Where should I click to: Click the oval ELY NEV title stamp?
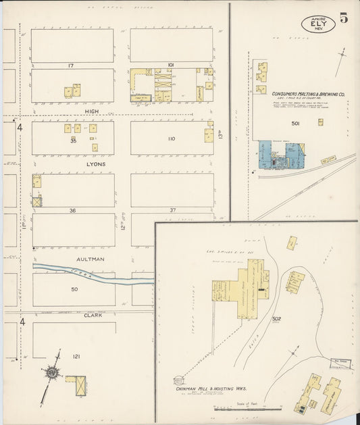click(x=317, y=24)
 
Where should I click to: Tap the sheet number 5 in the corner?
click(x=344, y=18)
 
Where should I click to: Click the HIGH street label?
click(x=93, y=112)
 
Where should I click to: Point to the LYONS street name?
click(x=95, y=164)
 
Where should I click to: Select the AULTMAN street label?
click(x=93, y=259)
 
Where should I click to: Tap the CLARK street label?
click(x=93, y=315)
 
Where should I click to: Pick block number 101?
click(x=171, y=65)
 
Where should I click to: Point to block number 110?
click(x=171, y=139)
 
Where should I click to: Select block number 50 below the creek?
click(x=74, y=289)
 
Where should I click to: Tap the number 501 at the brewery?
click(x=295, y=124)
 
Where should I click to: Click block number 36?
click(x=72, y=210)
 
